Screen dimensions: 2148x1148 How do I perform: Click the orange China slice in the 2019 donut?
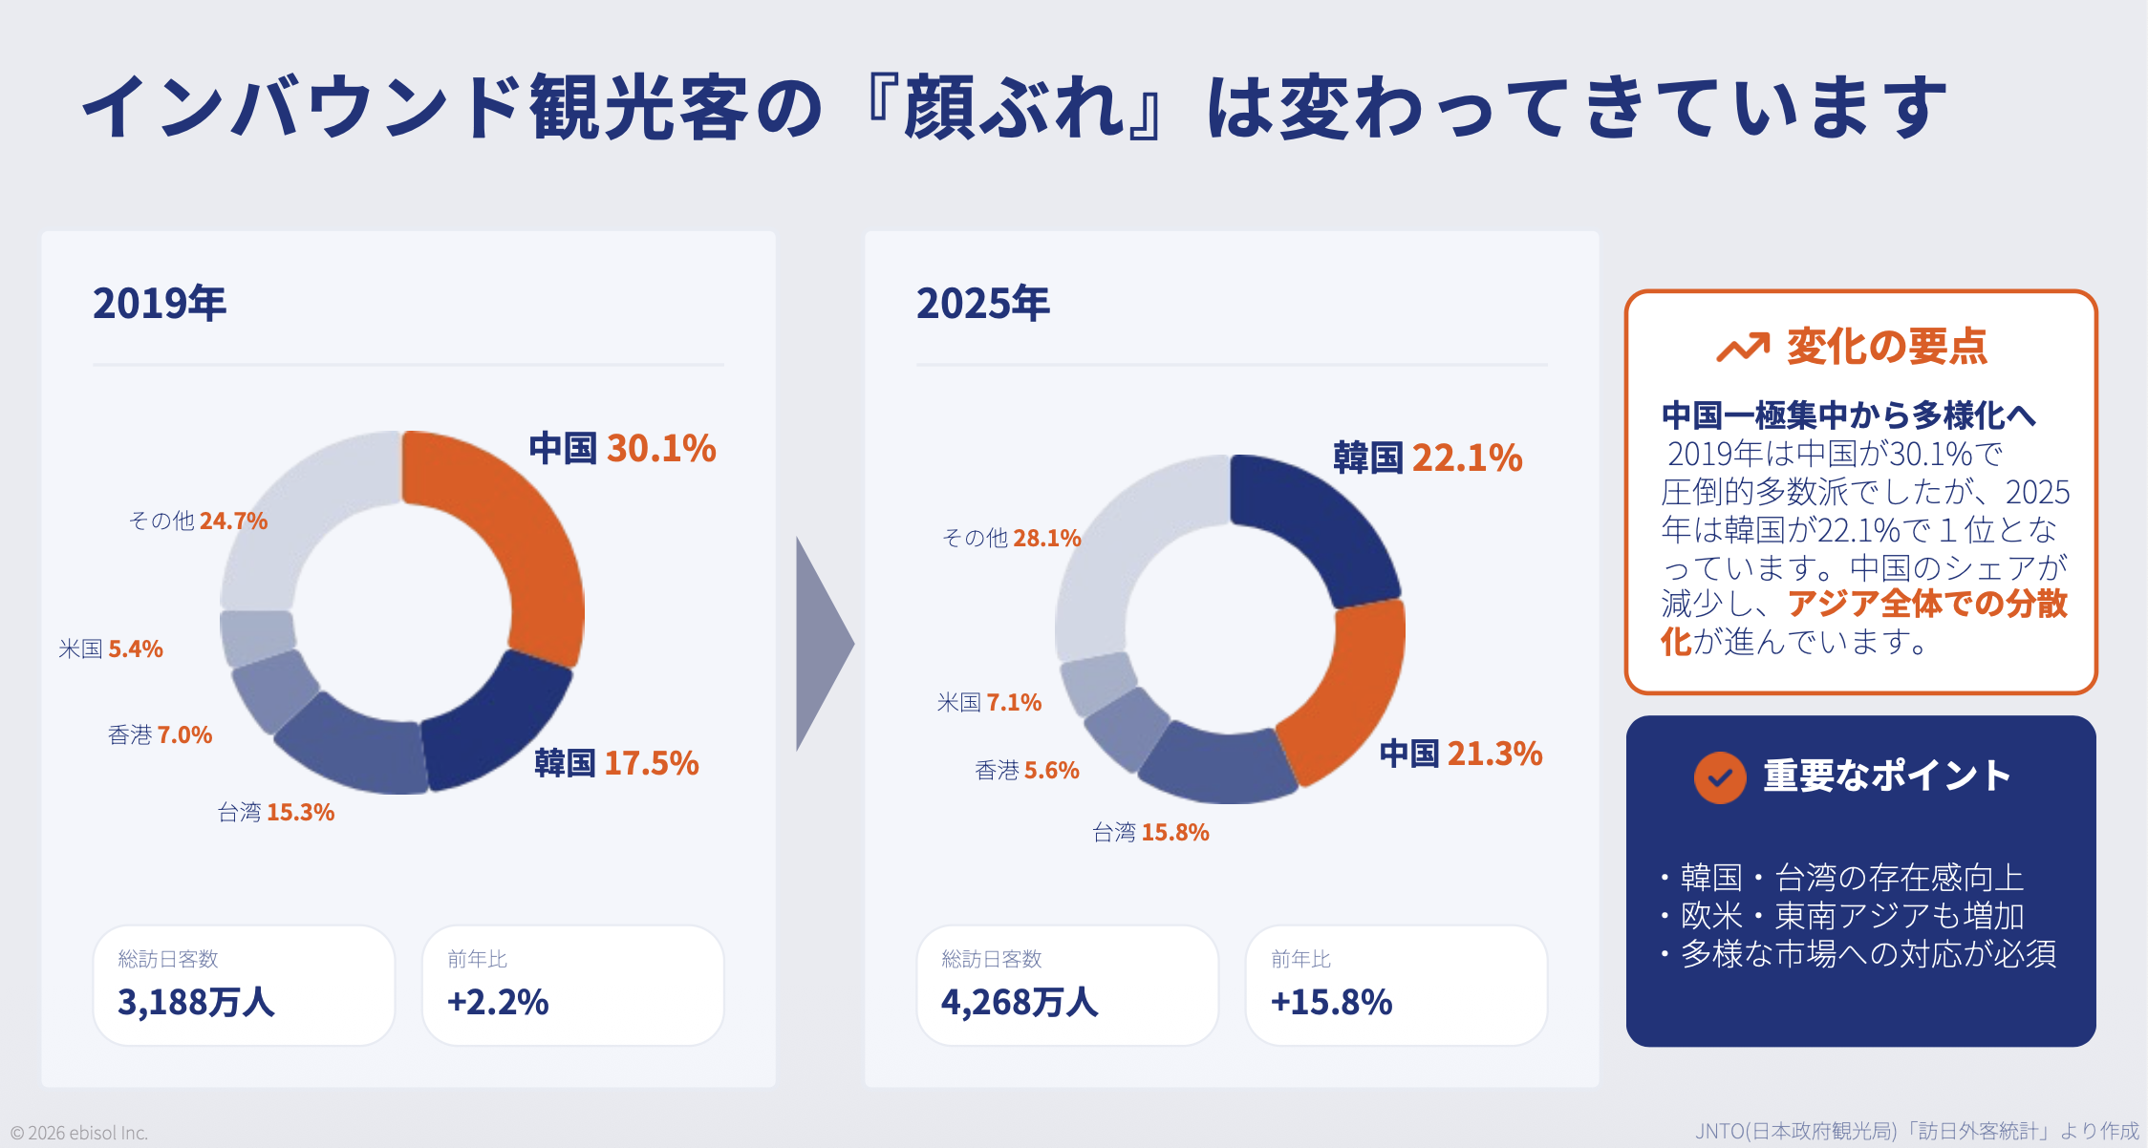click(x=516, y=535)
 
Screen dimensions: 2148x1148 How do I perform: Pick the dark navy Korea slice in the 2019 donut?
click(x=492, y=726)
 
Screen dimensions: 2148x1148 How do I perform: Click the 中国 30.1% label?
click(x=622, y=448)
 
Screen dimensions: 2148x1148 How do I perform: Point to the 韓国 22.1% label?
click(x=1428, y=457)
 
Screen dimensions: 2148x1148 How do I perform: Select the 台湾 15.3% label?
click(x=275, y=813)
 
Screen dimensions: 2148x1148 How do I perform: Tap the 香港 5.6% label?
click(x=1026, y=771)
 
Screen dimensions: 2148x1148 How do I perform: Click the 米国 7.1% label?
click(x=989, y=703)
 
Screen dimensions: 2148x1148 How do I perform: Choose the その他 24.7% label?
click(x=198, y=521)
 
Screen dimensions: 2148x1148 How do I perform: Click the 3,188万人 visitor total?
click(x=196, y=1002)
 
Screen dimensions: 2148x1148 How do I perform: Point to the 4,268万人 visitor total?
click(x=1020, y=1002)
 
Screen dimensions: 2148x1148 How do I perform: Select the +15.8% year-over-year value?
click(x=1331, y=1002)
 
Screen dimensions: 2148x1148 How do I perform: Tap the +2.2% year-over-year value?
click(x=498, y=1002)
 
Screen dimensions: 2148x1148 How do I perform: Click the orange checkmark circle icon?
click(x=1720, y=777)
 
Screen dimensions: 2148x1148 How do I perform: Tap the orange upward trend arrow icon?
click(x=1743, y=348)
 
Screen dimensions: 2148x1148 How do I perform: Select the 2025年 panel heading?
click(x=982, y=304)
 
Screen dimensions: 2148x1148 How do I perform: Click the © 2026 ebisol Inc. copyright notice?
click(x=79, y=1133)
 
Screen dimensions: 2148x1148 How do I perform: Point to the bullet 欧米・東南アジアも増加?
click(x=1852, y=916)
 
